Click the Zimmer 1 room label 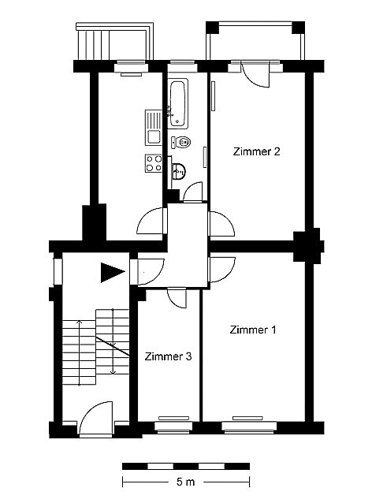[253, 330]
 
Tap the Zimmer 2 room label [256, 151]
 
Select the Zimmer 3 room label [168, 356]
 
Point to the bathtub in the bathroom [177, 104]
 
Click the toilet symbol [181, 142]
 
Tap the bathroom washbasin [177, 171]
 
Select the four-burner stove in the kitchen [154, 163]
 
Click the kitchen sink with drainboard [154, 128]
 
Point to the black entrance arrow [112, 272]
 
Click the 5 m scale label [186, 482]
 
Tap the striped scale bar [186, 466]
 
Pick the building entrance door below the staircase [96, 419]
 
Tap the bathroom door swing [193, 192]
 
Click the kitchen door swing [151, 221]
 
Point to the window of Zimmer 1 [249, 427]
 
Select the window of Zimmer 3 [173, 427]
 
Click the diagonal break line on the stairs [113, 346]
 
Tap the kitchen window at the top [131, 67]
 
